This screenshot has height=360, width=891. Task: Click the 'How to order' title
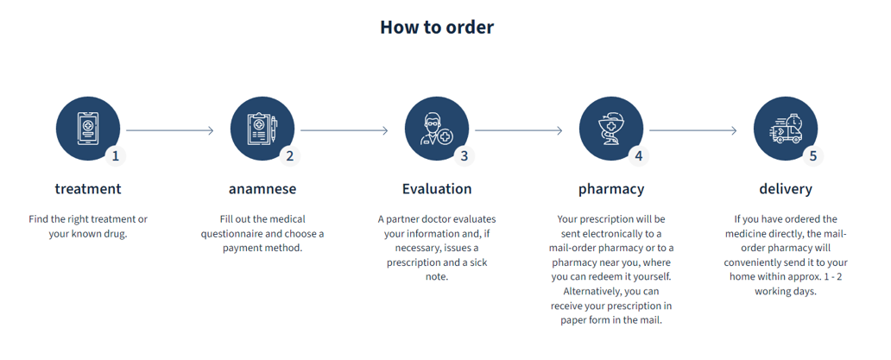437,27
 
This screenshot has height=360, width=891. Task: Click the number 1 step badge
115,156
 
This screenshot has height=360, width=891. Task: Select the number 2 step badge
289,156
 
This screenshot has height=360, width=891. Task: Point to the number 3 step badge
464,156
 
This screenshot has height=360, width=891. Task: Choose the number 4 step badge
638,156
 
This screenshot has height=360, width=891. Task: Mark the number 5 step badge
812,156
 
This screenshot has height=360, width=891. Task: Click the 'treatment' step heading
88,189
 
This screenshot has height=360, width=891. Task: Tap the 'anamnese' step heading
262,189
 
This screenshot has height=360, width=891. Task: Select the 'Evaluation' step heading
437,189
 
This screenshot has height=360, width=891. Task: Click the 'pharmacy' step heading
611,189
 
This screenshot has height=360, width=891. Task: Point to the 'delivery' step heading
786,189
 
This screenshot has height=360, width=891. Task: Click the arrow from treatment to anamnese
169,130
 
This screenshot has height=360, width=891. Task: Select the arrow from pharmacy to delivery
692,130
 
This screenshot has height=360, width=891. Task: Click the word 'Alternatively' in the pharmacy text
586,291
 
